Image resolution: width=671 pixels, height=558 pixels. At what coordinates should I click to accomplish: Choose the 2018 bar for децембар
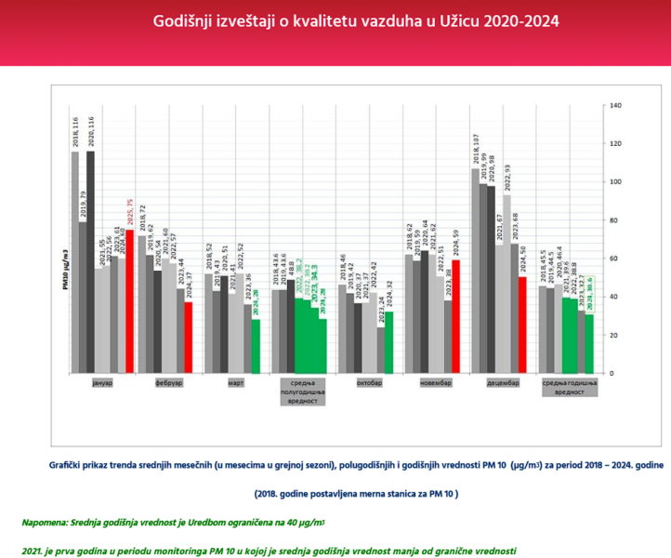point(476,271)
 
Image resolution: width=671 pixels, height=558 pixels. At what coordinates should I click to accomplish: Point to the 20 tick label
point(613,335)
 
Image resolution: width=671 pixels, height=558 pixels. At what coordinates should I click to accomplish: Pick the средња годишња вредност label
point(568,388)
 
